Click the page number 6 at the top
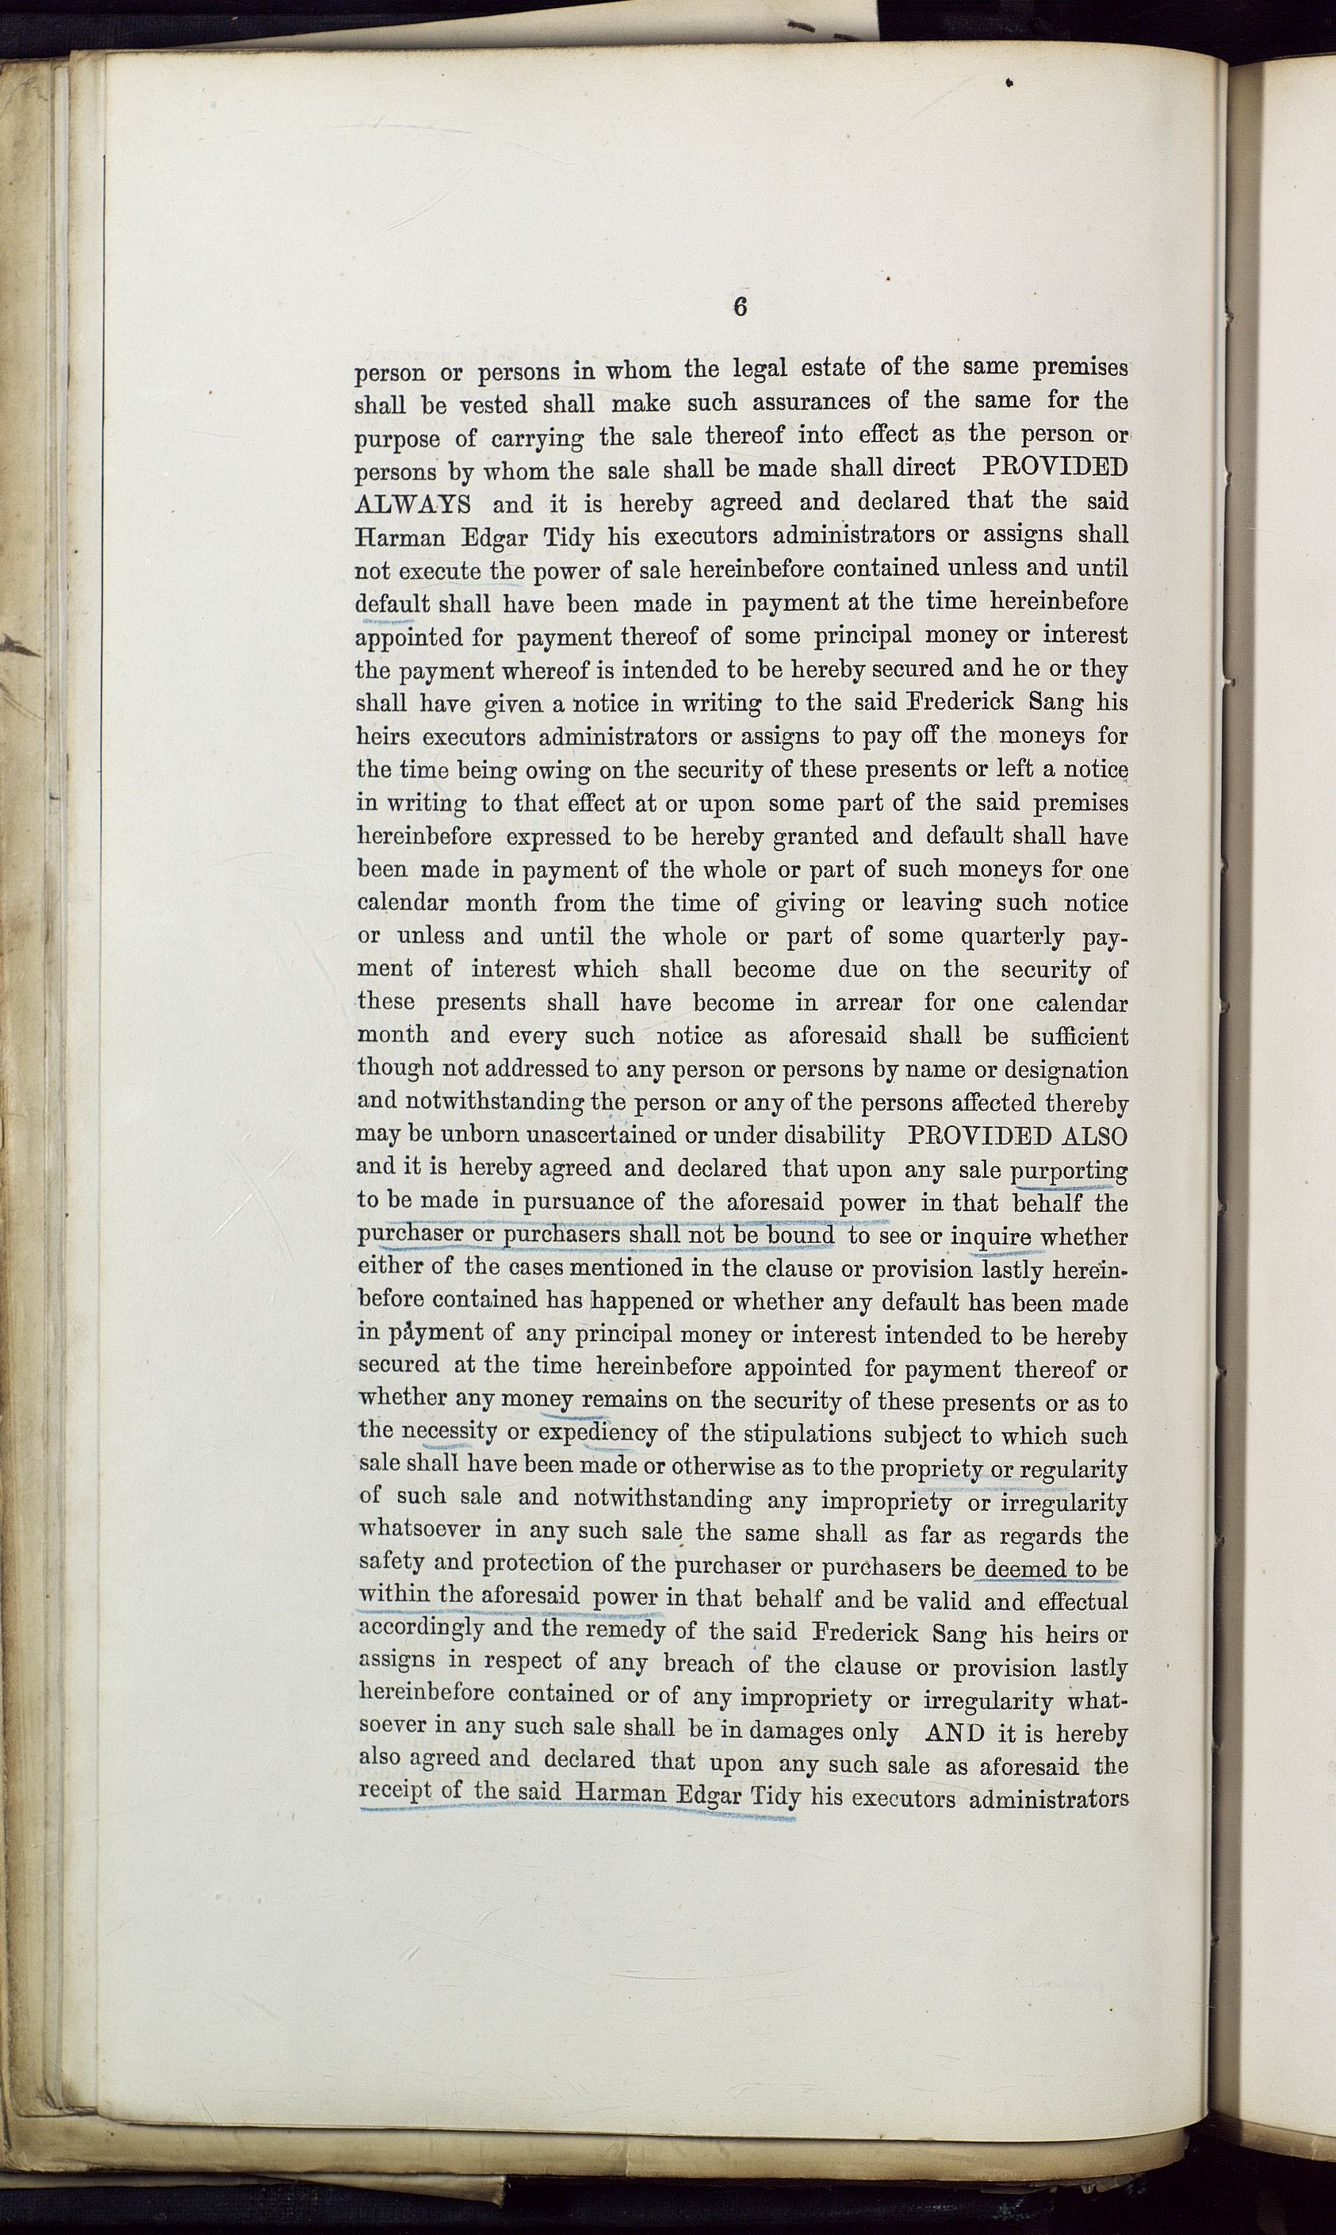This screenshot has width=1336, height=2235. coord(739,306)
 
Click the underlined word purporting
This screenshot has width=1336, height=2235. coord(1070,1170)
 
